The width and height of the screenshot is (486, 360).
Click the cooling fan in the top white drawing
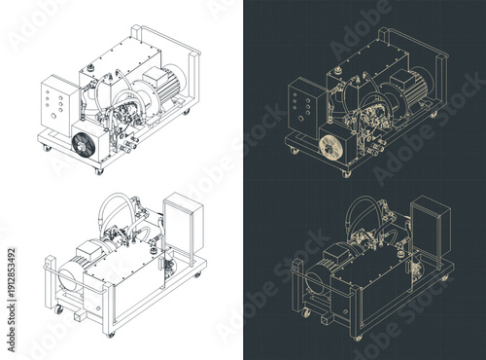(86, 144)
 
